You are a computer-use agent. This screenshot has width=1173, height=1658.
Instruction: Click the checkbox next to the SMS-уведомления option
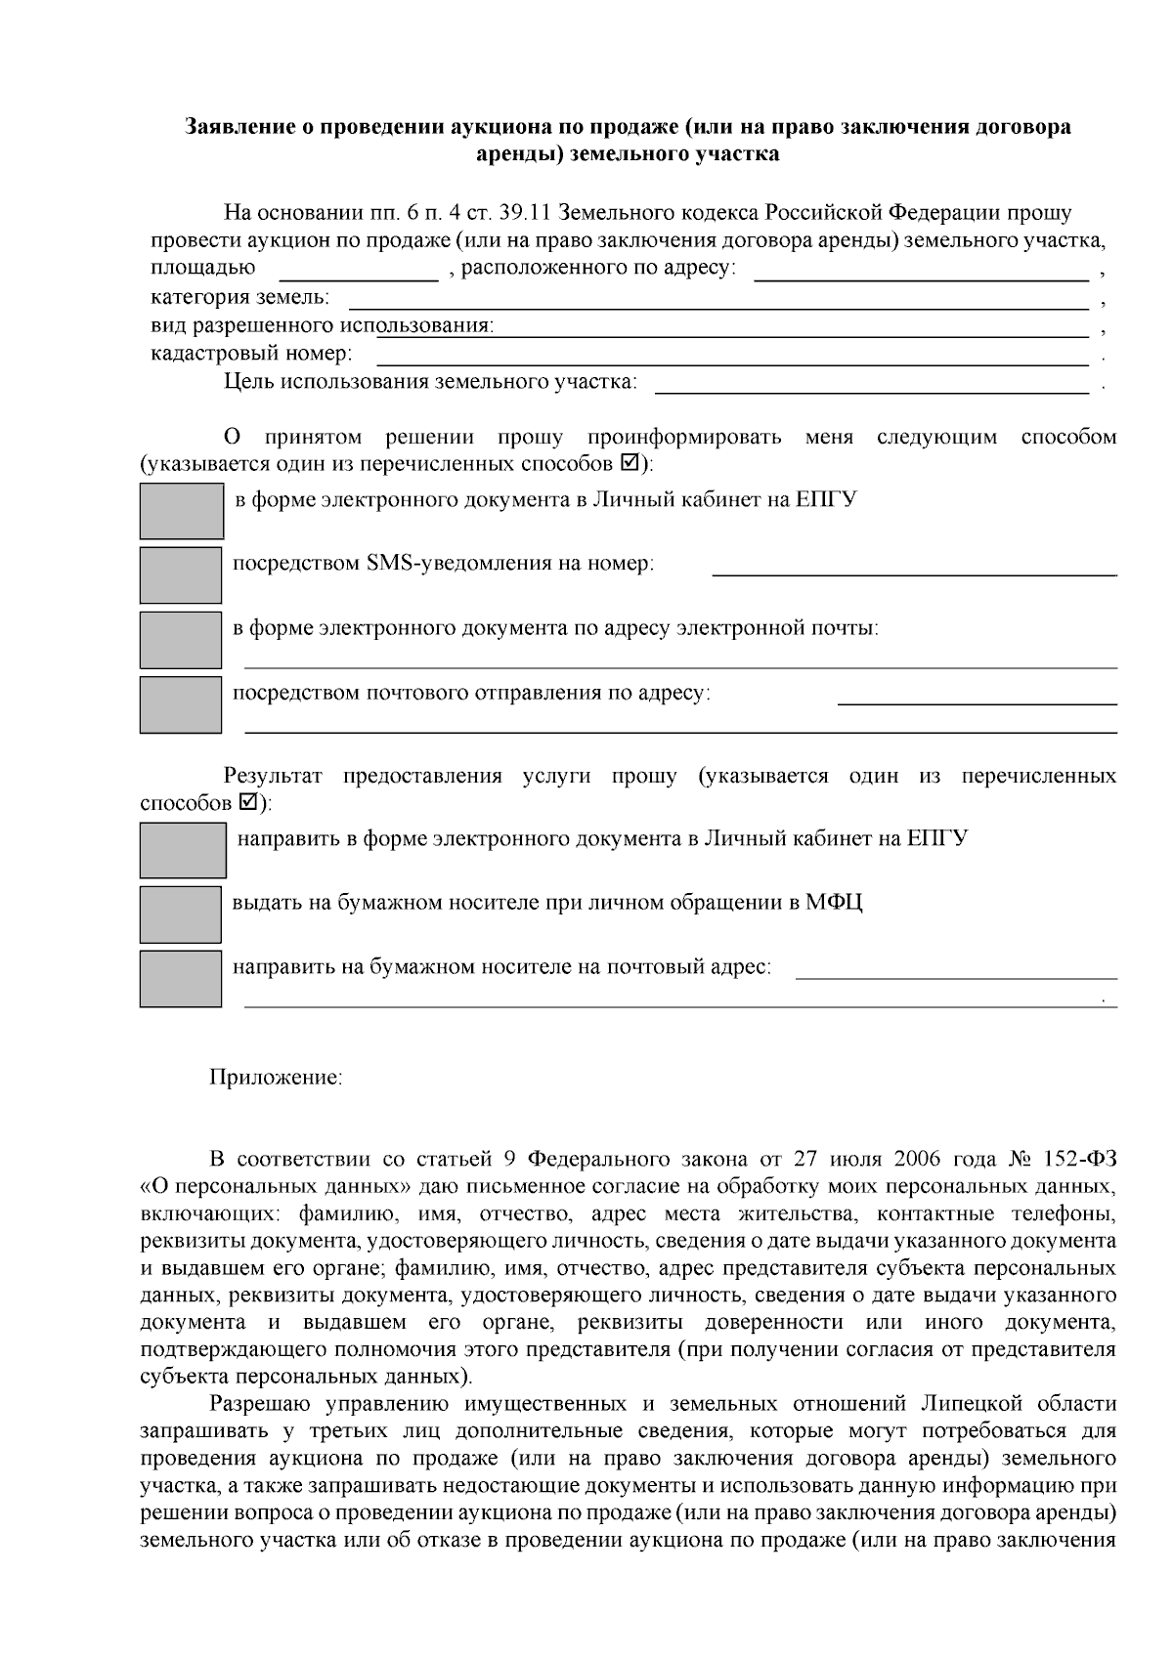pyautogui.click(x=181, y=574)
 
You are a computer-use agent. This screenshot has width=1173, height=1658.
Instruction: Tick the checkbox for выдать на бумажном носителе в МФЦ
pyautogui.click(x=181, y=914)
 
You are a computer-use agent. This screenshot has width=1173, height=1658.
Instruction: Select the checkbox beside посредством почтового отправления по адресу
pyautogui.click(x=181, y=704)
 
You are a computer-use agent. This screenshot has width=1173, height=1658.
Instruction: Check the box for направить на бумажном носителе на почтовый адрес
pyautogui.click(x=181, y=978)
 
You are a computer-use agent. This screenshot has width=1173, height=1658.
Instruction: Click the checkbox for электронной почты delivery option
pyautogui.click(x=181, y=639)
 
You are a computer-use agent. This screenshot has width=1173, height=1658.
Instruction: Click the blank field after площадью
pyautogui.click(x=359, y=271)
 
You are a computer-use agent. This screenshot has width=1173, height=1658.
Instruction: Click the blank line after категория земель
pyautogui.click(x=718, y=298)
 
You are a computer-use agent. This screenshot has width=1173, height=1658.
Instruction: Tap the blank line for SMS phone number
pyautogui.click(x=914, y=567)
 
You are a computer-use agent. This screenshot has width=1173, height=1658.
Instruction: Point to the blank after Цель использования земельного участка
pyautogui.click(x=871, y=383)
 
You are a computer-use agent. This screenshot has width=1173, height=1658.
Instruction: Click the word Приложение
pyautogui.click(x=276, y=1077)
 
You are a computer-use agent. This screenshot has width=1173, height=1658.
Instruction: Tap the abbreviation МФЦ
pyautogui.click(x=834, y=902)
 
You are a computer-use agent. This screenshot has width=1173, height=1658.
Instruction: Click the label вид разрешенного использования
pyautogui.click(x=322, y=325)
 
